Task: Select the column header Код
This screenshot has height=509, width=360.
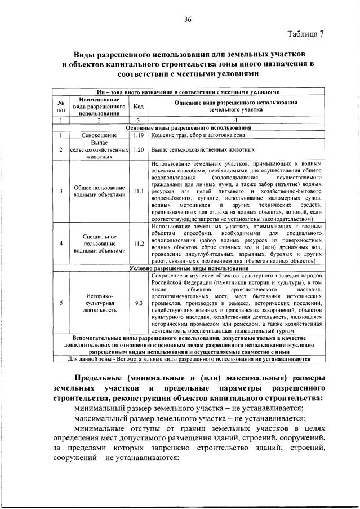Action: [137, 106]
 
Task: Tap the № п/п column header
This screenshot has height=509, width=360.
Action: [60, 106]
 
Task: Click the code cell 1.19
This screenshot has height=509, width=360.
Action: [137, 136]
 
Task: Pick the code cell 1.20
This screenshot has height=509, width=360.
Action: [137, 150]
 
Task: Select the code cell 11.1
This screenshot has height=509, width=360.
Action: [137, 191]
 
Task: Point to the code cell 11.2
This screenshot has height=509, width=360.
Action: [137, 244]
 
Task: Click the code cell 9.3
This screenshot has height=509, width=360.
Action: [137, 302]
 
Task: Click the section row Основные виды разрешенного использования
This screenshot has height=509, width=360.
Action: [188, 128]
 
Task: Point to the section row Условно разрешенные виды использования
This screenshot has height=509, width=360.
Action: [188, 268]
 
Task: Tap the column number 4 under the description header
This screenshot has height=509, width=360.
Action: [235, 120]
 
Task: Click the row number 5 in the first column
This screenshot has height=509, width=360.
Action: [60, 302]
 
